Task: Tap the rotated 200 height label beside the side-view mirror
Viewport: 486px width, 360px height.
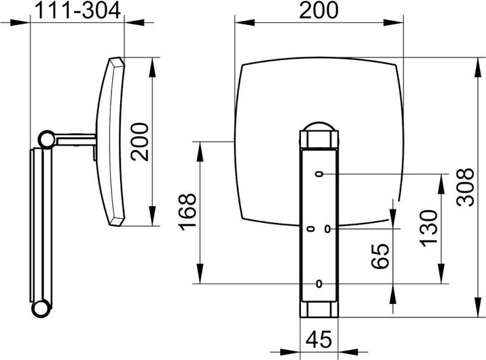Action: pos(140,140)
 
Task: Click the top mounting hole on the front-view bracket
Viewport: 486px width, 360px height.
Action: pos(318,174)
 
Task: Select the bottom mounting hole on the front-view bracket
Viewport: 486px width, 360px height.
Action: pos(318,283)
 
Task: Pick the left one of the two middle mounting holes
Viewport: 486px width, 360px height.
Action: pos(310,229)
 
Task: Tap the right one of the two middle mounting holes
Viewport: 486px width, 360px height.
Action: pos(327,229)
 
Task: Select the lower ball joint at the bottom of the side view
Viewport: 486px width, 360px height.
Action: pos(41,309)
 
